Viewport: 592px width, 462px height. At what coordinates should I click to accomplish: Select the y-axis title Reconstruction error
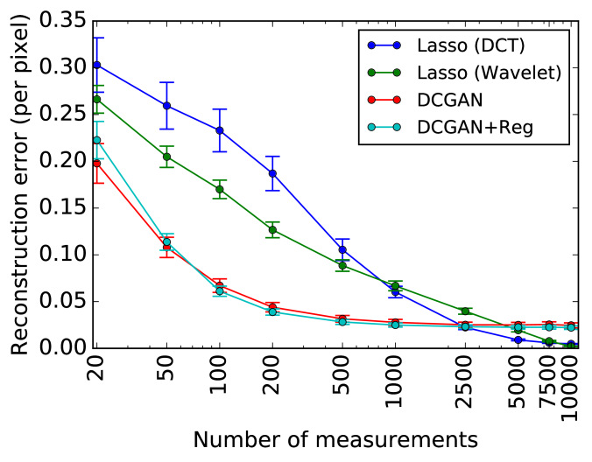click(x=20, y=183)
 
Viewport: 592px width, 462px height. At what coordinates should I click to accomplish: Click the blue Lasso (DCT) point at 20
click(x=96, y=65)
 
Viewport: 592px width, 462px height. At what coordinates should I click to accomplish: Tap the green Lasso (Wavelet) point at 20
click(x=96, y=100)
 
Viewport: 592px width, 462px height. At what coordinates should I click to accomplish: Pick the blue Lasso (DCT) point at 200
click(x=272, y=173)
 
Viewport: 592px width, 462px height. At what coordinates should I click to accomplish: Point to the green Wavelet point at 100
click(x=219, y=189)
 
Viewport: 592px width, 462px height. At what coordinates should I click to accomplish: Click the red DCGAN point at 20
click(x=96, y=164)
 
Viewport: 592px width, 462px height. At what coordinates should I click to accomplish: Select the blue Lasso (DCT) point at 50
click(x=166, y=106)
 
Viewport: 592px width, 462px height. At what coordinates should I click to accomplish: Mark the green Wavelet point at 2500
click(x=465, y=311)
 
